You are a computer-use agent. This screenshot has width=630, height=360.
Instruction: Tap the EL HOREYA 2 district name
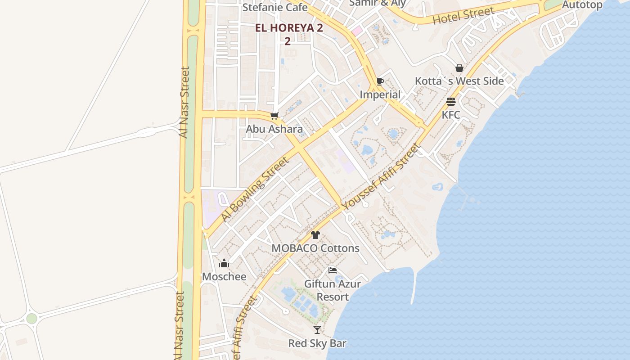[x=289, y=28]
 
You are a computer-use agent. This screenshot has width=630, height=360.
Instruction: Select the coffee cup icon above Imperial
[x=380, y=82]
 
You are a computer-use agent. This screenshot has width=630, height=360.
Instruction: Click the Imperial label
[x=380, y=94]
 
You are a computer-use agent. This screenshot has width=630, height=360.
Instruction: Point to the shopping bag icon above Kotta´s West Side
[x=459, y=68]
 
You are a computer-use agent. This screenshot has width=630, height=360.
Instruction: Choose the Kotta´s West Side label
[x=459, y=81]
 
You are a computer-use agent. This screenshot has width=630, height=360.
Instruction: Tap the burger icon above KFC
[x=451, y=102]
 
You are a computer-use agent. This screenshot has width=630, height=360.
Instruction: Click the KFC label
[x=451, y=115]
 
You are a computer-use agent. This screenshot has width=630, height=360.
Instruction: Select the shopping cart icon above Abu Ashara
[x=274, y=116]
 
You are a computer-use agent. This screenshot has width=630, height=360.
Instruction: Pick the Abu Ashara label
[x=274, y=129]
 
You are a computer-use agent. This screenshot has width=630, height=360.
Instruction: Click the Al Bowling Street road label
[x=254, y=189]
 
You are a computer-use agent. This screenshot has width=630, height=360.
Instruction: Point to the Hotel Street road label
[x=463, y=16]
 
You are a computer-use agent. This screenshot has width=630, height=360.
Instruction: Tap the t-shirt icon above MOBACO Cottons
[x=315, y=235]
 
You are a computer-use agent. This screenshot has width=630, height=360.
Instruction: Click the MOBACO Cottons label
[x=315, y=248]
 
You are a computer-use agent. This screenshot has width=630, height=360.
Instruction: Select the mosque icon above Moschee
[x=224, y=263]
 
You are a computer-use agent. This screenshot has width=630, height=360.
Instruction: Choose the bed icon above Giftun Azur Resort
[x=333, y=270]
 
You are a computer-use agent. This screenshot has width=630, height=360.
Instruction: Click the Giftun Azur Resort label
[x=333, y=290]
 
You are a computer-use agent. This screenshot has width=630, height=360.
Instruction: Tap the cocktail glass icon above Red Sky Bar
[x=317, y=330]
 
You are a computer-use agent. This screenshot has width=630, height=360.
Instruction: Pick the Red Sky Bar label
[x=317, y=343]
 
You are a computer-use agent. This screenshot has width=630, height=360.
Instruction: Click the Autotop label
[x=582, y=5]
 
